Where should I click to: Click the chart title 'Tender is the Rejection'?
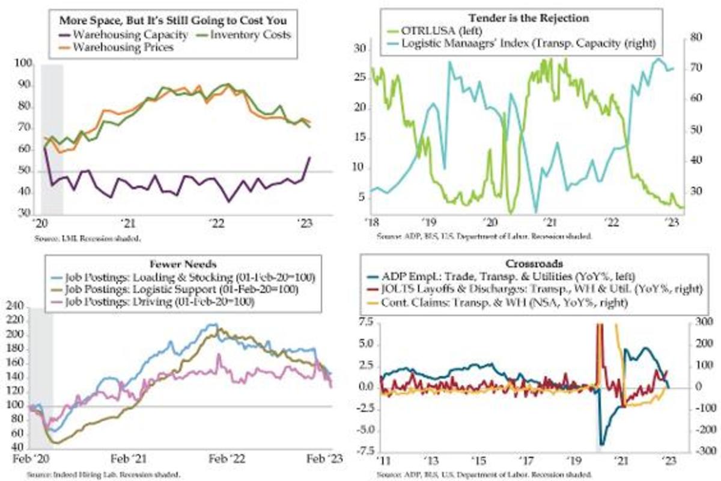pos(514,17)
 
